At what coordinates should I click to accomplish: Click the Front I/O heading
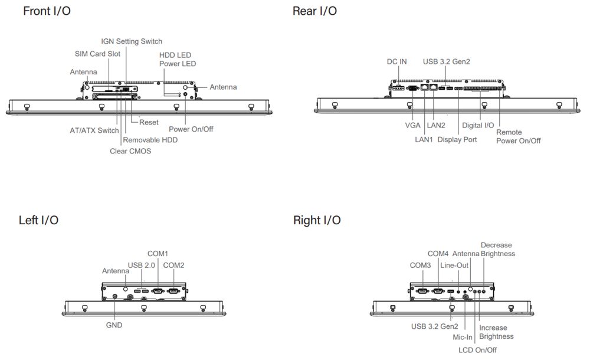(47, 11)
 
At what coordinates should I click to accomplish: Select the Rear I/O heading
(314, 11)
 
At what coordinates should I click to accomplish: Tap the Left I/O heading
(38, 220)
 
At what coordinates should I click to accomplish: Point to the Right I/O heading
(317, 220)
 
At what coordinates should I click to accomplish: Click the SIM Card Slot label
(97, 54)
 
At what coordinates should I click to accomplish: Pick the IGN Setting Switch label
(132, 41)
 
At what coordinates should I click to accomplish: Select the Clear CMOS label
(130, 150)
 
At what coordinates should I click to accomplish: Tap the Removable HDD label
(150, 140)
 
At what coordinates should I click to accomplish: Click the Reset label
(149, 122)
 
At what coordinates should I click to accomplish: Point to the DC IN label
(396, 61)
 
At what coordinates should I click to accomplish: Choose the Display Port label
(457, 140)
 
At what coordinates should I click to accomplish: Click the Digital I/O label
(478, 125)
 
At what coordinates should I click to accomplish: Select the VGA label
(412, 125)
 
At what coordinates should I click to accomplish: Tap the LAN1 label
(424, 140)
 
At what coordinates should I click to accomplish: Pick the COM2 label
(173, 265)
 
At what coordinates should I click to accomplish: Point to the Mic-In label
(462, 338)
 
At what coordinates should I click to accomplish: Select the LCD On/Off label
(477, 349)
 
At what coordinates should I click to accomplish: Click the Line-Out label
(454, 265)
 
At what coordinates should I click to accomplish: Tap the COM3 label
(420, 265)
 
